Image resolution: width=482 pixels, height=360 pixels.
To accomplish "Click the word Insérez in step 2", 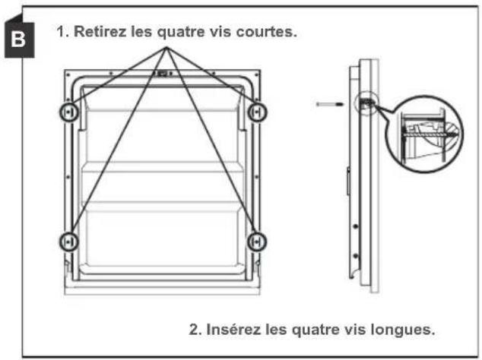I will click(230, 330).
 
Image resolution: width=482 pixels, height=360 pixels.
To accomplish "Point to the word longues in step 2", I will click(407, 330).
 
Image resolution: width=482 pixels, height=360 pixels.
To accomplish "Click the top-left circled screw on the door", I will click(68, 112).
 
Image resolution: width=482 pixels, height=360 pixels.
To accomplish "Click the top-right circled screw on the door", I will click(258, 112).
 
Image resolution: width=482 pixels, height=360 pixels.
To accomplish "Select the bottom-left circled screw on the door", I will click(68, 241).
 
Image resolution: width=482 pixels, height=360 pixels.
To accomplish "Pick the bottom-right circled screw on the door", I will click(258, 241).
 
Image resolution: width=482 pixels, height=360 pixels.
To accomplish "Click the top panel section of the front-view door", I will click(163, 137).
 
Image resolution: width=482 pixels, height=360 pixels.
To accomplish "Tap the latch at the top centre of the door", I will click(163, 74).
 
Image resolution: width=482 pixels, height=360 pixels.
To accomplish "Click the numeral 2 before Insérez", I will click(193, 330).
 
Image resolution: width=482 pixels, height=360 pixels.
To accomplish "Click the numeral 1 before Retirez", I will click(61, 34).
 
